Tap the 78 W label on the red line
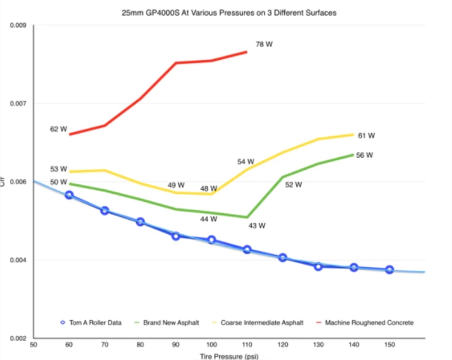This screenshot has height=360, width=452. click(264, 45)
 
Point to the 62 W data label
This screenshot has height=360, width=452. click(59, 128)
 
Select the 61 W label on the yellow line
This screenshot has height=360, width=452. click(366, 136)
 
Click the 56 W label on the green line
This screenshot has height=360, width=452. click(364, 155)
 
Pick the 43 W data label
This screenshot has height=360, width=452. click(257, 226)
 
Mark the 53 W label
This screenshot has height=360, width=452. click(59, 169)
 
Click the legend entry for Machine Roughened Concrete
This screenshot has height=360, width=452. click(369, 323)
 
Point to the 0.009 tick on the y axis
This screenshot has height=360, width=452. click(18, 25)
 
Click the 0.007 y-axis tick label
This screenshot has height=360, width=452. click(18, 104)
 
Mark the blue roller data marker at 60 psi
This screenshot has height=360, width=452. click(69, 195)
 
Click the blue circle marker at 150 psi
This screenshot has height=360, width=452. click(390, 270)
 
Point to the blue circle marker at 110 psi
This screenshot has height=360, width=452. click(247, 249)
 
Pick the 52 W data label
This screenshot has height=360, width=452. click(294, 184)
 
